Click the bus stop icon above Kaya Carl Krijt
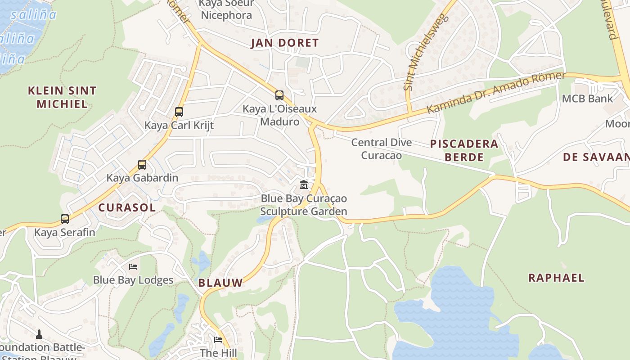coord(179,112)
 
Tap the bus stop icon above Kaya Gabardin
coord(142,164)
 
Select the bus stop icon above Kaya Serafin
coord(65,219)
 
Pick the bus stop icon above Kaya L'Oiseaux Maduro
coord(279,95)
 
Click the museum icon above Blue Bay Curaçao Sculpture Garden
coord(304,184)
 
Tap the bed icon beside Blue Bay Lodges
coord(133,267)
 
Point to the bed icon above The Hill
coord(218,339)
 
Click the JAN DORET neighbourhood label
coord(284,43)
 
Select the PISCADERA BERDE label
coord(464,150)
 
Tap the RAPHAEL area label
coord(556,278)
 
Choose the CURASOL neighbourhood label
coord(127,207)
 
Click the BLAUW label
coord(220,283)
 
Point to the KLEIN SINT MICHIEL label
coord(62,97)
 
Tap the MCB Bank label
coord(587,99)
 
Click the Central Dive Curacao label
coord(381,149)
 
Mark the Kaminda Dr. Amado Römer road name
coord(495,93)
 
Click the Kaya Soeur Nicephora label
coord(226,9)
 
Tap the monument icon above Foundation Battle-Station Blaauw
coord(39,334)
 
